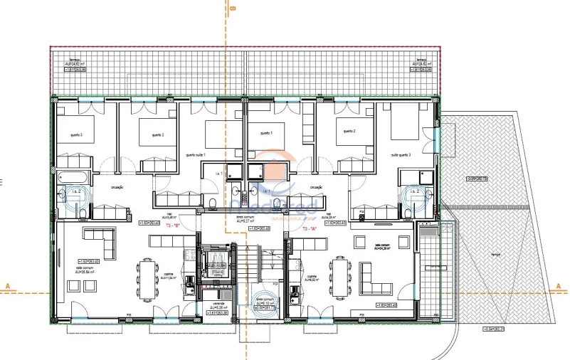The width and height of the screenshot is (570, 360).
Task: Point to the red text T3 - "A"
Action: tap(310, 229)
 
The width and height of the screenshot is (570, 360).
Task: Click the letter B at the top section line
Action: tap(232, 9)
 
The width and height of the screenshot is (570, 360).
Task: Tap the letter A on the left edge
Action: tap(6, 287)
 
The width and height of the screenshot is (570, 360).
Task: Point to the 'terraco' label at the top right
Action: tap(420, 60)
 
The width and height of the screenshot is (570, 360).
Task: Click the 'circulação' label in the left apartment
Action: tap(117, 188)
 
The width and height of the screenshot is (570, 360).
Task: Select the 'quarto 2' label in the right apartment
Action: tap(349, 131)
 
